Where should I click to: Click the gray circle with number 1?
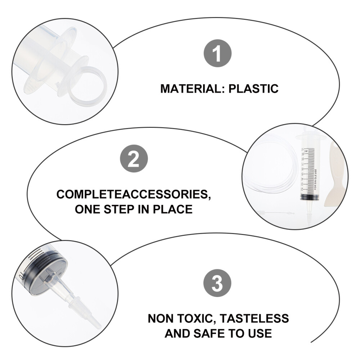pyautogui.click(x=217, y=53)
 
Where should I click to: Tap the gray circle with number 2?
pyautogui.click(x=134, y=158)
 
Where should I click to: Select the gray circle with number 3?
pyautogui.click(x=217, y=283)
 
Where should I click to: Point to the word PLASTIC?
pyautogui.click(x=253, y=89)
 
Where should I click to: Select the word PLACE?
pyautogui.click(x=173, y=210)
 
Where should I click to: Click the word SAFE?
pyautogui.click(x=209, y=333)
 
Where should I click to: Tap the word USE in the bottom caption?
pyautogui.click(x=260, y=333)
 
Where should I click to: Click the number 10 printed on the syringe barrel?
pyautogui.click(x=21, y=275)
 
